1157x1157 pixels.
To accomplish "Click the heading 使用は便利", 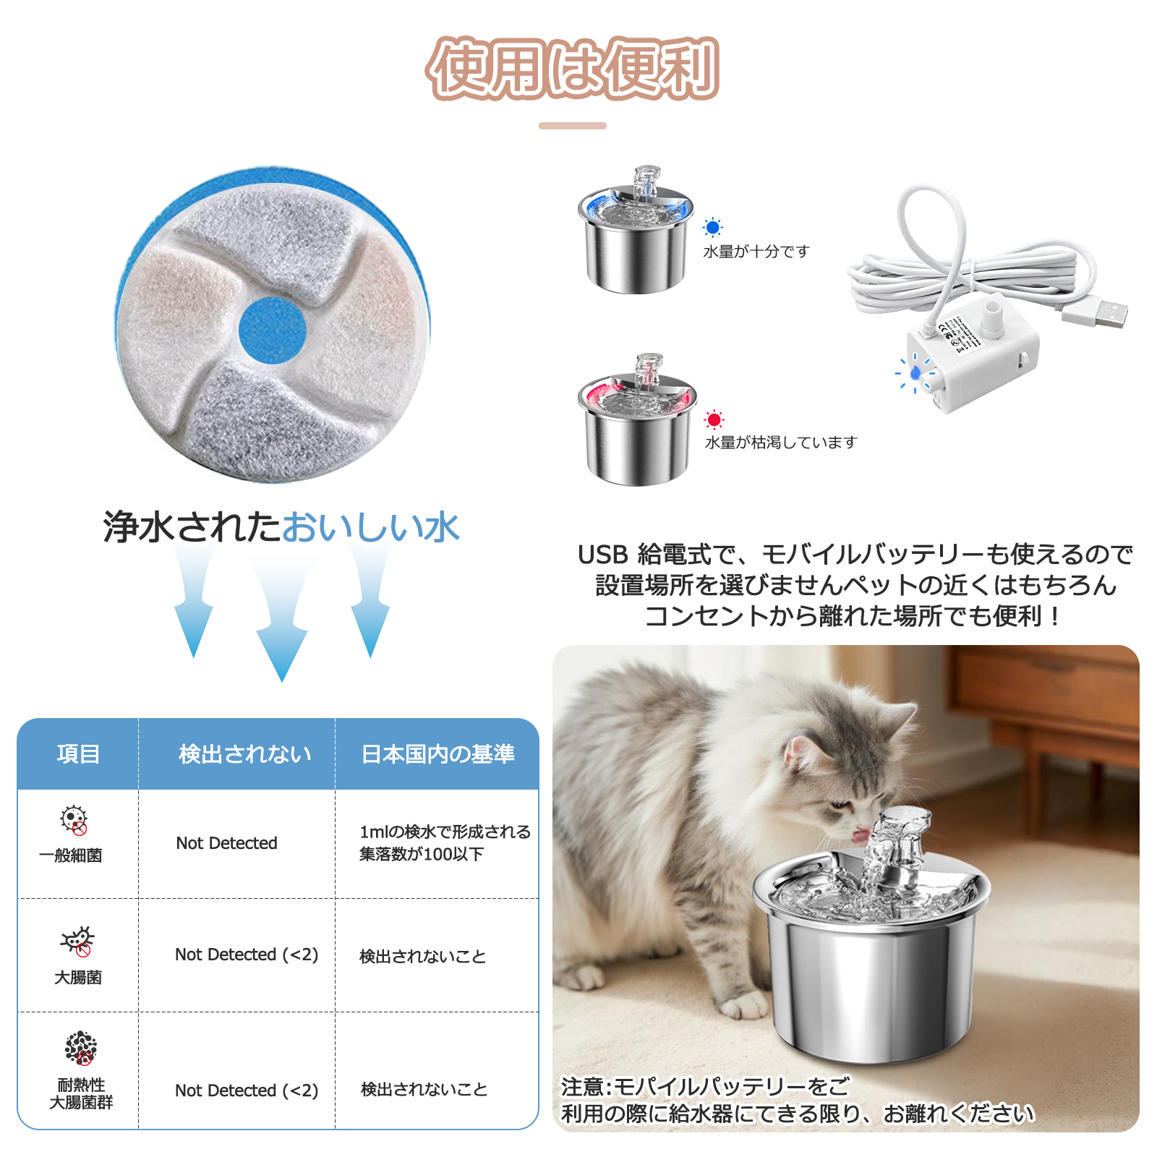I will (x=573, y=69).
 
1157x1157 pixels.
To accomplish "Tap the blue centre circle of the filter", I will (x=273, y=330).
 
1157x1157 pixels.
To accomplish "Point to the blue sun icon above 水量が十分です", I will (x=712, y=228).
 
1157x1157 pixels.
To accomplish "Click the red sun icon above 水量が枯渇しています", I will (x=714, y=419).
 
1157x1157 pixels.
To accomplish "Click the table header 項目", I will (x=78, y=753).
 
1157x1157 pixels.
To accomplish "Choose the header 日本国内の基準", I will (x=437, y=753).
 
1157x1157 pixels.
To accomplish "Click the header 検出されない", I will (x=244, y=753).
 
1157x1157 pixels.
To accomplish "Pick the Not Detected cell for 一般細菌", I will (x=226, y=843).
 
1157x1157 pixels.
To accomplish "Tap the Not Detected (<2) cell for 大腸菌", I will (x=246, y=955).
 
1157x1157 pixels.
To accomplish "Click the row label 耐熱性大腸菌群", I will (x=81, y=1093).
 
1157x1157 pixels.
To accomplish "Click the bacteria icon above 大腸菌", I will (x=77, y=941).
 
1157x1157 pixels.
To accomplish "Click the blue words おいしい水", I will (x=370, y=527).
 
